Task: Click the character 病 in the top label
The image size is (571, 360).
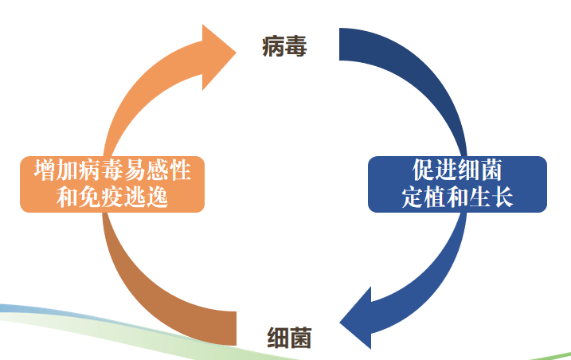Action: point(273,46)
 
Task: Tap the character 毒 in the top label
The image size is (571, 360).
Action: point(297,46)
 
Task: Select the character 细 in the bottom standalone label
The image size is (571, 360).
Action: point(278,338)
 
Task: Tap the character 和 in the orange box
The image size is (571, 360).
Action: point(65,196)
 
